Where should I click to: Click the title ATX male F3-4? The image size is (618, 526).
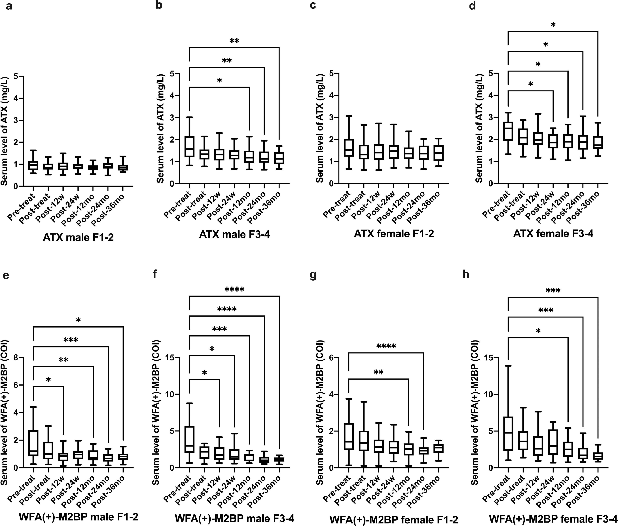[234, 234]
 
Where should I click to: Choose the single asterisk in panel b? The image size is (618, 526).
[219, 81]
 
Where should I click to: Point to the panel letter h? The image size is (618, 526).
[465, 274]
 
